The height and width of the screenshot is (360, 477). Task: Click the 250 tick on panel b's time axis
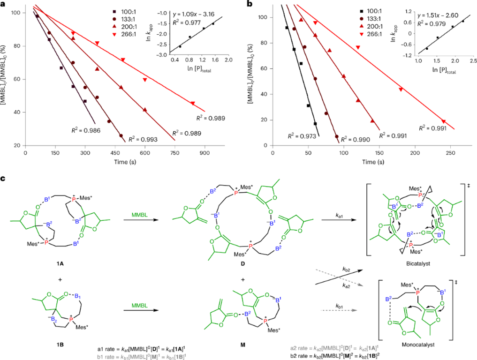click(x=449, y=153)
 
